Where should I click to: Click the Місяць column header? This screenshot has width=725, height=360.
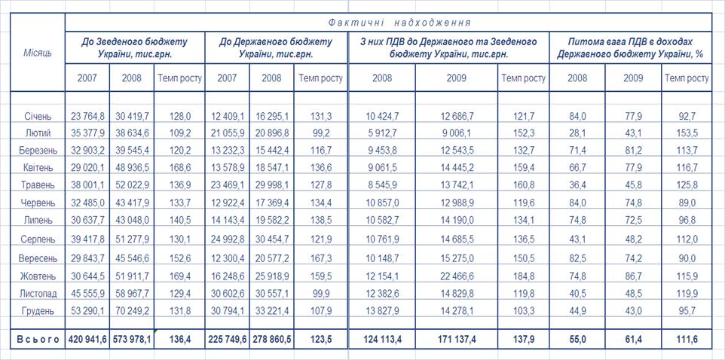tap(38, 56)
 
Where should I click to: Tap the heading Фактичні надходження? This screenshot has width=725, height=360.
tap(388, 22)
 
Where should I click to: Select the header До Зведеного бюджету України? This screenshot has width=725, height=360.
tap(135, 47)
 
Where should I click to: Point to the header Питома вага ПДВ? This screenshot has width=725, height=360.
tap(630, 47)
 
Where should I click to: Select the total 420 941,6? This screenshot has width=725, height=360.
tap(87, 340)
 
